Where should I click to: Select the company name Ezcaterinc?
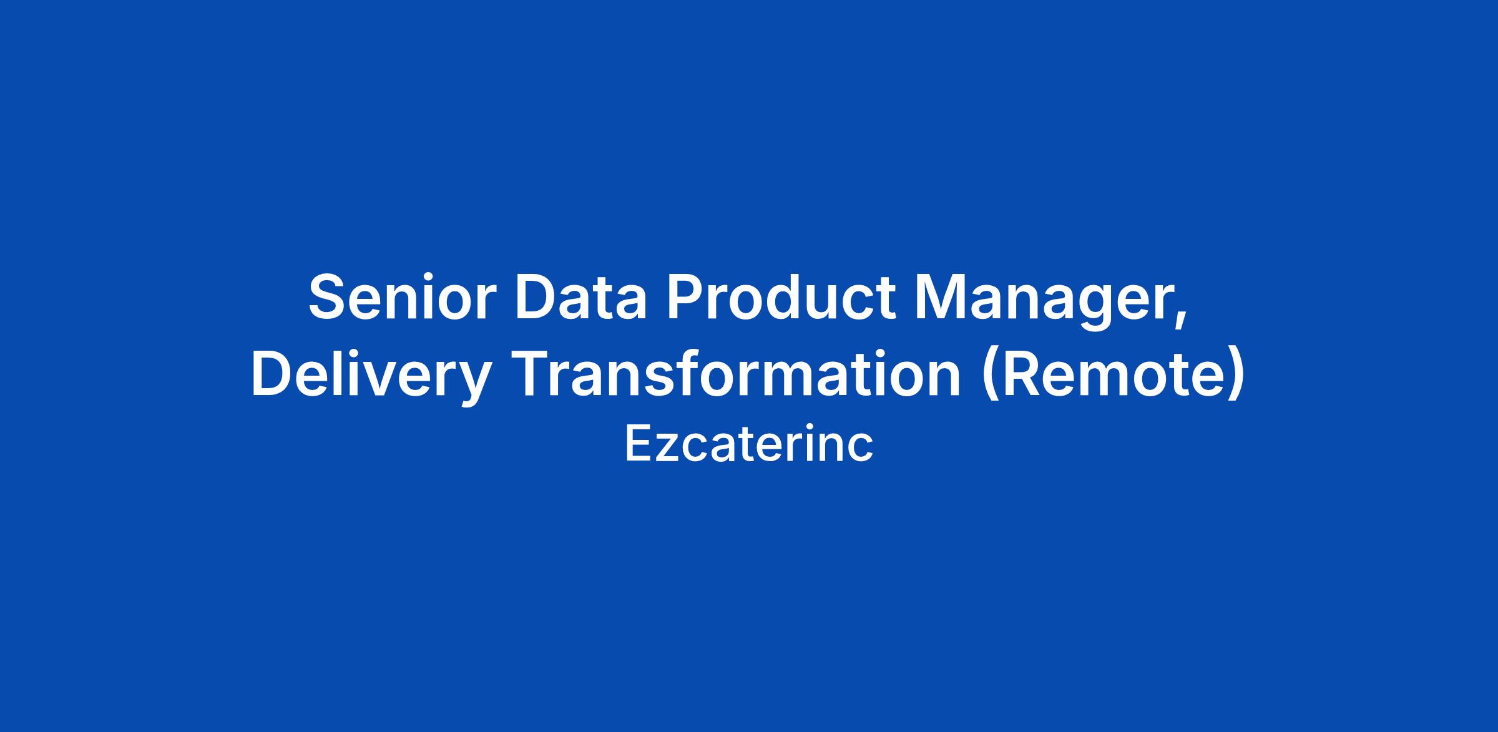point(749,444)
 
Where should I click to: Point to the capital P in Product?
point(687,297)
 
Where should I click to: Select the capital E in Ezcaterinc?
point(637,444)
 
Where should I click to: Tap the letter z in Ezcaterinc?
point(663,449)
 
